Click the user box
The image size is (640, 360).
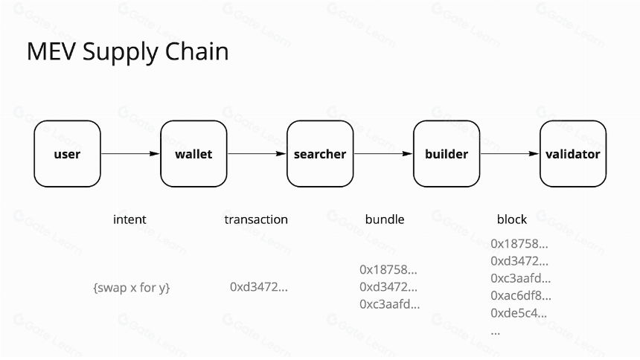pos(67,154)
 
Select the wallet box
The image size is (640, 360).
pos(194,154)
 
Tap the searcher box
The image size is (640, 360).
pos(320,154)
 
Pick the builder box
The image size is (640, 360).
pos(447,154)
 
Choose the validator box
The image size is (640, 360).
pos(573,154)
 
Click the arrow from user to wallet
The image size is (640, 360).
pos(131,154)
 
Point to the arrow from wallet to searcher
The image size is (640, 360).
pos(257,154)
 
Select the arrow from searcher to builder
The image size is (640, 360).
pos(383,154)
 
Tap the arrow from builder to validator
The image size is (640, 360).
pos(510,154)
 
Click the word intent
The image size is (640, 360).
pos(129,219)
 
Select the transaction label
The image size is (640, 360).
pos(256,219)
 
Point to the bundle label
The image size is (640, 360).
pos(385,219)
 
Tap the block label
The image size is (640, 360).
pos(512,219)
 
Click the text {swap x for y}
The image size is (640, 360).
pos(132,288)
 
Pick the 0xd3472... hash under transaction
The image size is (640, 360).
pos(259,287)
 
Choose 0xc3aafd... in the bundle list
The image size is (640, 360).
pos(389,304)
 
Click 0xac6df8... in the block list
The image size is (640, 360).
pos(521,295)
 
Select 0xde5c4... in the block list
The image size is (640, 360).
pos(519,313)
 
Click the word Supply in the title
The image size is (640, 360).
pos(121,53)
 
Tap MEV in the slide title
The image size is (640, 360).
pos(52,51)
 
